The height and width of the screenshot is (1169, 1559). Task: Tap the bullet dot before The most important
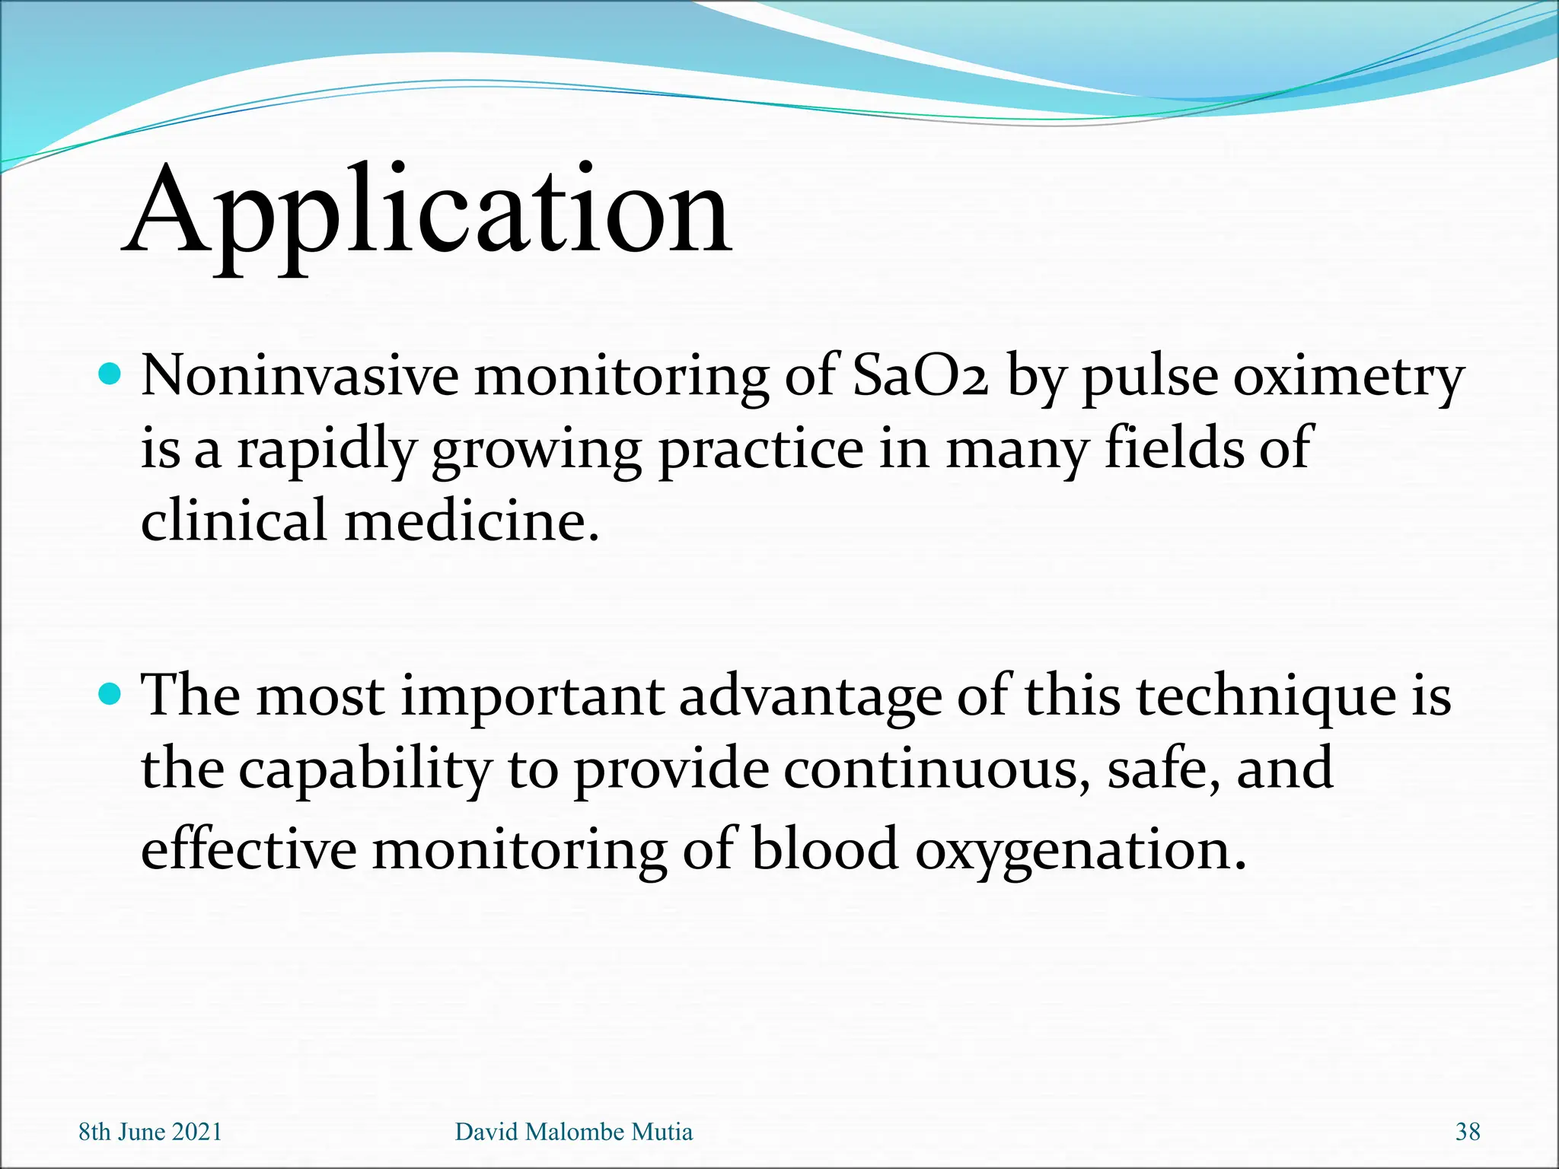tap(110, 693)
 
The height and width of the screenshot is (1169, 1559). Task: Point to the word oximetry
tap(1348, 378)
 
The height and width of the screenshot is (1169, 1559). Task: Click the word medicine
tap(472, 521)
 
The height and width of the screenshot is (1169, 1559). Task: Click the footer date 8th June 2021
tap(150, 1132)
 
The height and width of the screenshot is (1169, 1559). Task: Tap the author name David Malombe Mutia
tap(573, 1132)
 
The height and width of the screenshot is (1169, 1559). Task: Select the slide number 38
tap(1467, 1132)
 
